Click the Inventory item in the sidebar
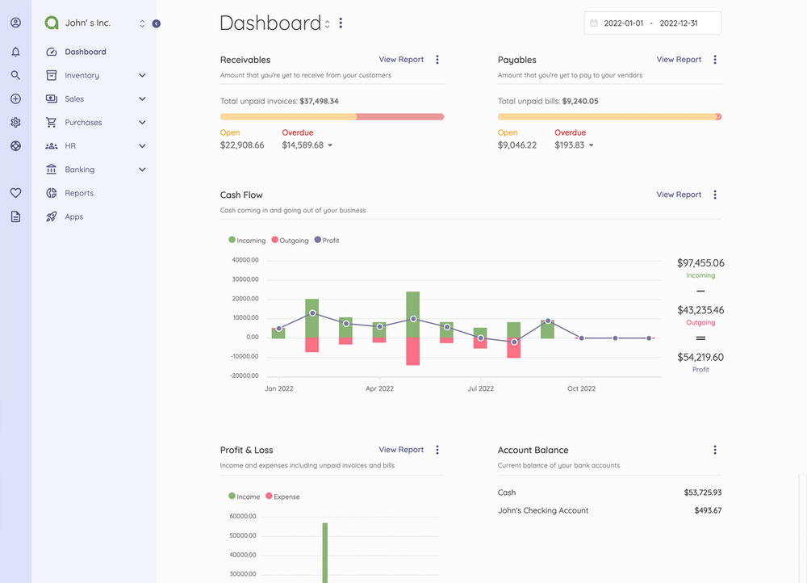point(82,75)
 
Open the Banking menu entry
point(79,170)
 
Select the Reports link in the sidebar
point(79,193)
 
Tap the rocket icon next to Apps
point(52,216)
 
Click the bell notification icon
point(15,52)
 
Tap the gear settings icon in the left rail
point(15,123)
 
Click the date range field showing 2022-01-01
point(652,23)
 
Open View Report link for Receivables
point(401,60)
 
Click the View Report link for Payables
point(679,60)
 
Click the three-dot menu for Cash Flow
point(715,195)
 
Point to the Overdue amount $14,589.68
point(303,145)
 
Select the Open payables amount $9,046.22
point(517,145)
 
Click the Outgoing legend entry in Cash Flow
point(290,241)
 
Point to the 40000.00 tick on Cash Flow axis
point(245,260)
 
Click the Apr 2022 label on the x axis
point(379,388)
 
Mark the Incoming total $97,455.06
point(700,263)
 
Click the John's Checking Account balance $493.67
point(708,510)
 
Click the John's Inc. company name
point(87,23)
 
